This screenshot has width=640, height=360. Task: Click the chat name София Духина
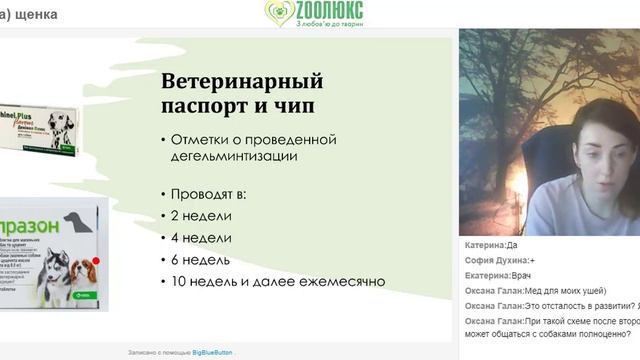click(x=497, y=260)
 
